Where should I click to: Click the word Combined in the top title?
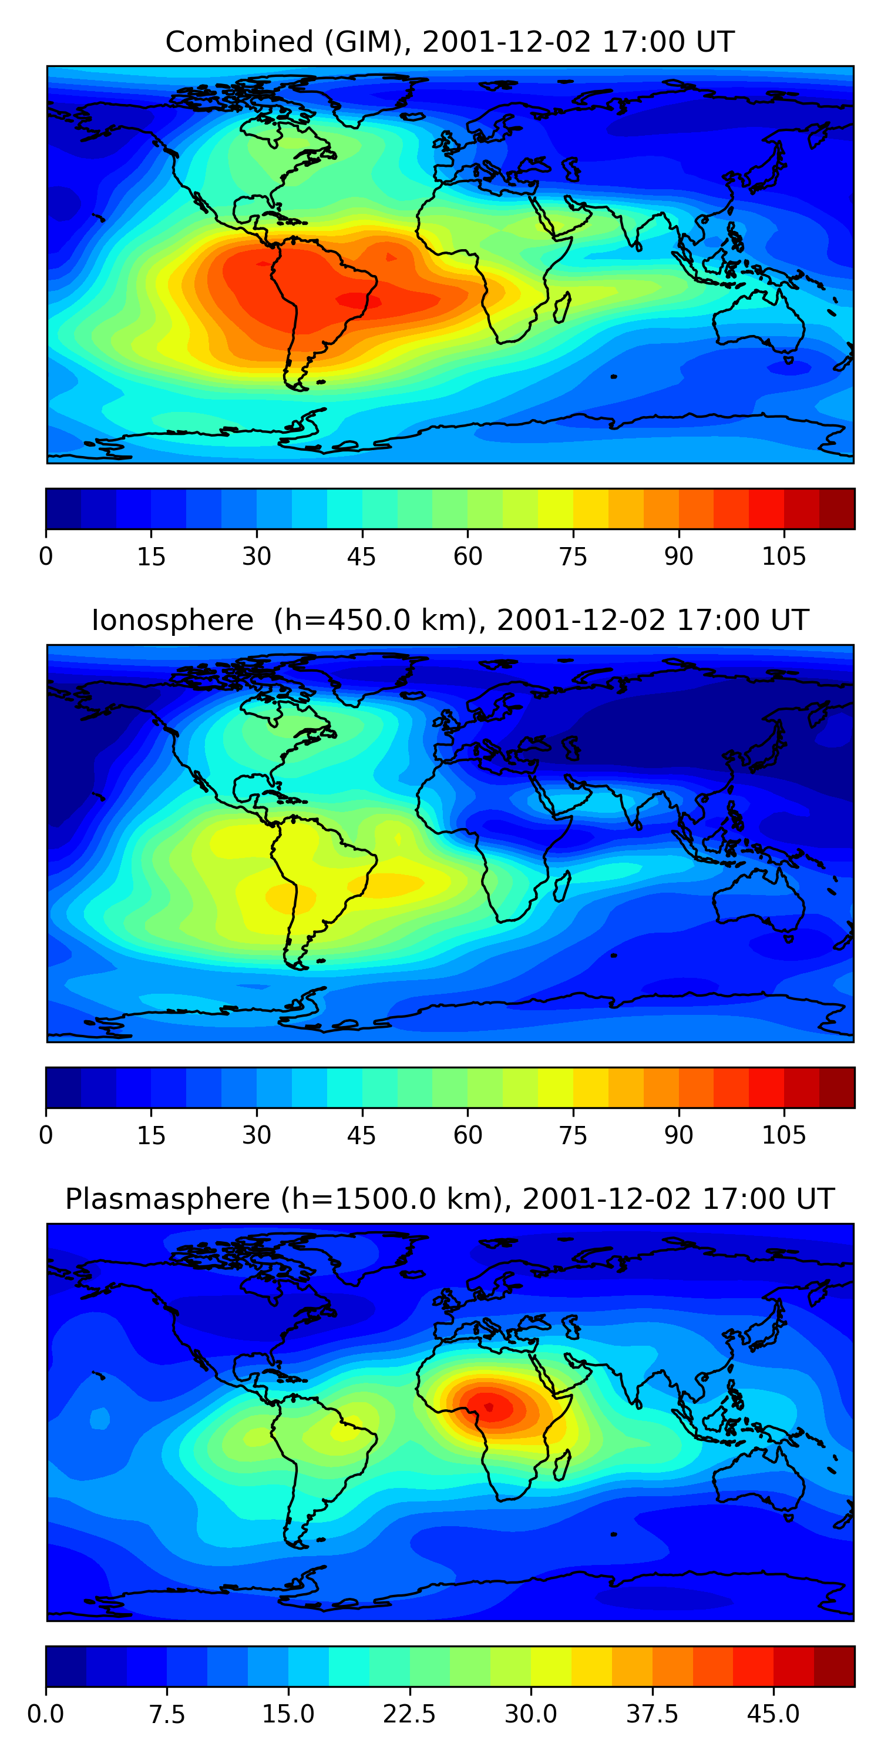click(x=238, y=42)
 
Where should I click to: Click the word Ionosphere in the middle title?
click(x=172, y=621)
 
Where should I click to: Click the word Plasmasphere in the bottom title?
click(x=167, y=1199)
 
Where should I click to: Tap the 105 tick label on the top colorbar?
click(x=784, y=557)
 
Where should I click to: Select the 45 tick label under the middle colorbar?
click(x=361, y=1135)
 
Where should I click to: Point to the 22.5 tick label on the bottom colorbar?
click(x=409, y=1714)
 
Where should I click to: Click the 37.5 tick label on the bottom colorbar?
click(x=652, y=1714)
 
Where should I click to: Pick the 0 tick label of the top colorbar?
click(x=46, y=557)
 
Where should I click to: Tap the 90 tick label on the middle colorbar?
click(x=678, y=1135)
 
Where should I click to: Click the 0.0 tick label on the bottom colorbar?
click(x=46, y=1714)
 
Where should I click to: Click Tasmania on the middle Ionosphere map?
click(x=789, y=937)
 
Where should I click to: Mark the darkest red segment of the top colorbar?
click(x=836, y=508)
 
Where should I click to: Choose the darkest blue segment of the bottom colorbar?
click(x=66, y=1666)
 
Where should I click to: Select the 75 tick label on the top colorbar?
click(x=573, y=557)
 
